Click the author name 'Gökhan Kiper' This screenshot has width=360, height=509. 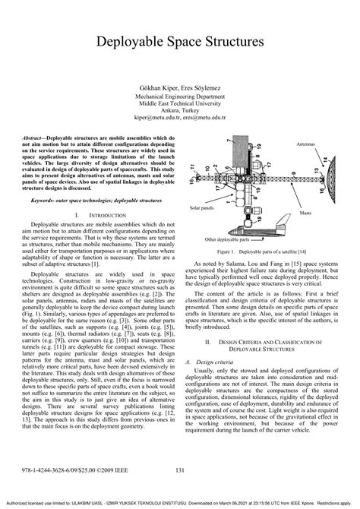(156, 88)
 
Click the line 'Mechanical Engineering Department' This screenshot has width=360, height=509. (179, 98)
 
